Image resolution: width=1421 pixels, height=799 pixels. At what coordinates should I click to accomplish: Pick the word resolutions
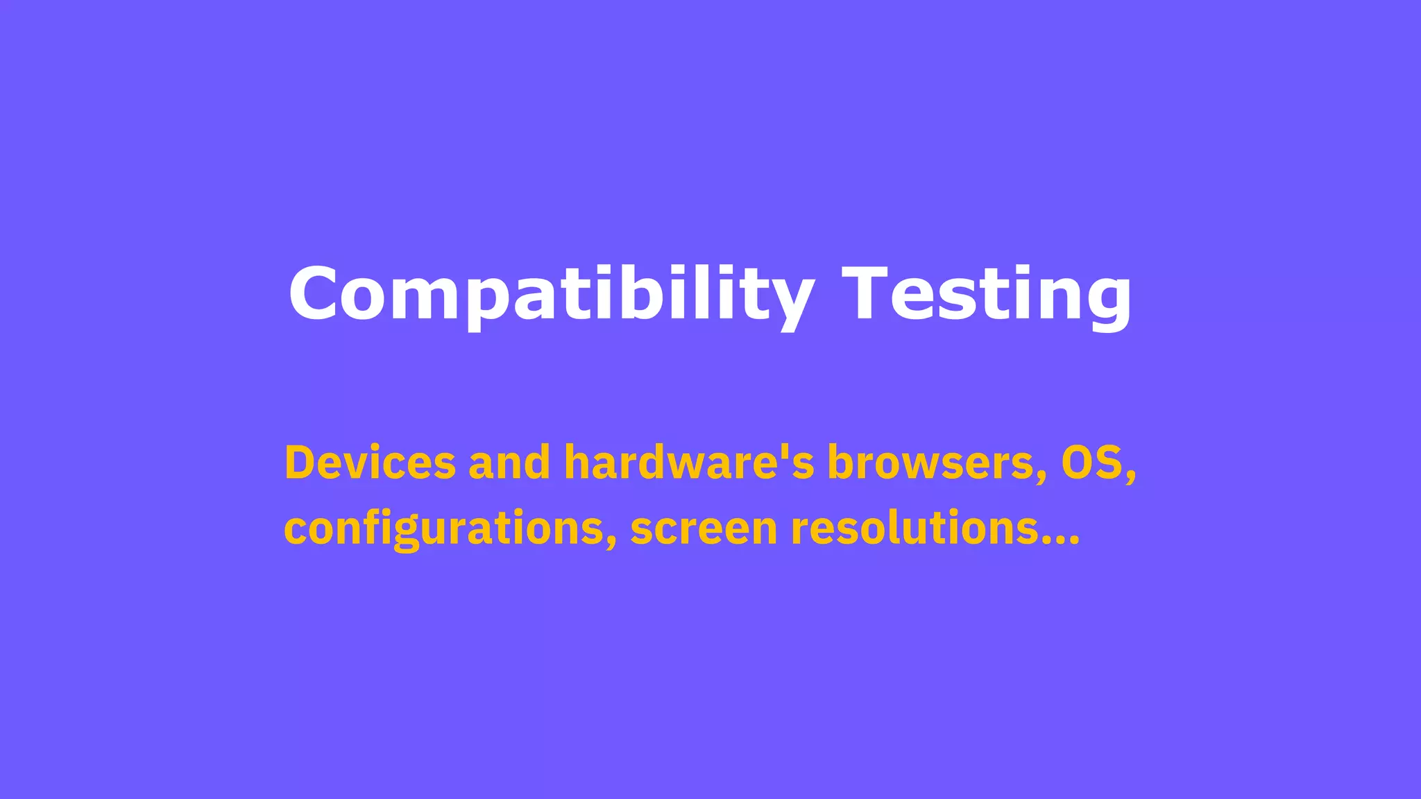pos(915,529)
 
